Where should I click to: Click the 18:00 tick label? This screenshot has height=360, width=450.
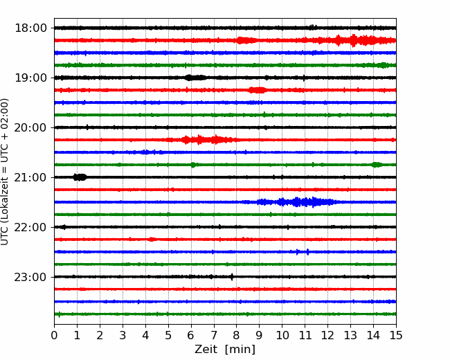pyautogui.click(x=30, y=28)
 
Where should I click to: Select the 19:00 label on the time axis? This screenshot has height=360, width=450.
pyautogui.click(x=30, y=78)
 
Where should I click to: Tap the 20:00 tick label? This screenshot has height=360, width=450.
pyautogui.click(x=30, y=127)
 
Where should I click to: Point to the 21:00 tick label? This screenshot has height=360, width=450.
pyautogui.click(x=30, y=177)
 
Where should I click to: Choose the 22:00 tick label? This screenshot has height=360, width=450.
pyautogui.click(x=30, y=227)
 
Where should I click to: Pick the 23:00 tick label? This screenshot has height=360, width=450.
pyautogui.click(x=30, y=277)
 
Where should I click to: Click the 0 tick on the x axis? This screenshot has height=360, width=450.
pyautogui.click(x=54, y=335)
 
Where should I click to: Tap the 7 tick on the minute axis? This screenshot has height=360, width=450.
pyautogui.click(x=214, y=335)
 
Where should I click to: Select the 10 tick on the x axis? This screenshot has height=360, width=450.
pyautogui.click(x=282, y=335)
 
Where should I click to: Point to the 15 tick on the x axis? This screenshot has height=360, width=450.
pyautogui.click(x=396, y=335)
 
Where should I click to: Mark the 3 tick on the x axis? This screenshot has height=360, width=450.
pyautogui.click(x=123, y=335)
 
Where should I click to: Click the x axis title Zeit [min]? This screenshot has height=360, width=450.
pyautogui.click(x=225, y=350)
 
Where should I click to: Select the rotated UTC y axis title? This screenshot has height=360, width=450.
pyautogui.click(x=5, y=172)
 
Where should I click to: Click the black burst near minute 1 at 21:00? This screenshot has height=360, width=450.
pyautogui.click(x=80, y=177)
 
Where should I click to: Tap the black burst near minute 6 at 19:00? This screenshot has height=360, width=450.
pyautogui.click(x=195, y=78)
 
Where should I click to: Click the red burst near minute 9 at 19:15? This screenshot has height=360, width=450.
pyautogui.click(x=258, y=90)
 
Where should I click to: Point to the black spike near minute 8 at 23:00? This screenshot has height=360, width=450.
pyautogui.click(x=232, y=277)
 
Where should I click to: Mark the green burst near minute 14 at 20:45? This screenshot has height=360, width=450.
pyautogui.click(x=377, y=165)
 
